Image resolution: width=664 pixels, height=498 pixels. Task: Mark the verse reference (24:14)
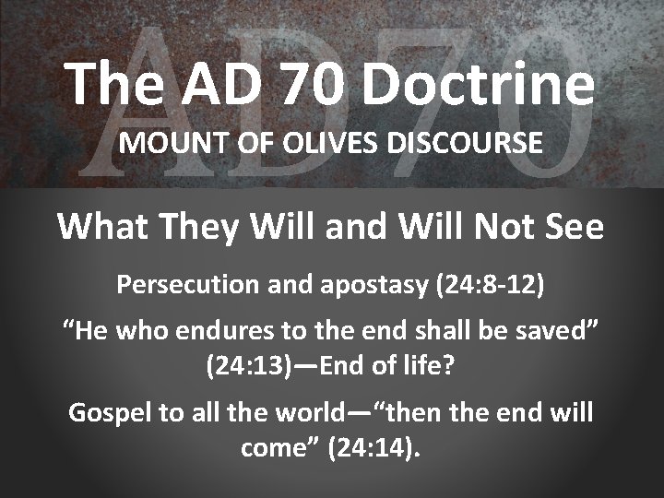click(x=377, y=448)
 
